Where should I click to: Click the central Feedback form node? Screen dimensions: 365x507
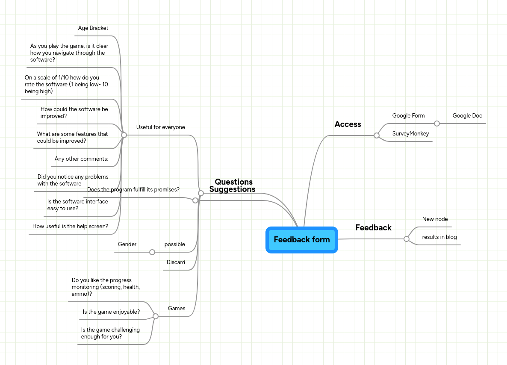tap(302, 240)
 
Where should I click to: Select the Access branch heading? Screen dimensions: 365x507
tap(348, 124)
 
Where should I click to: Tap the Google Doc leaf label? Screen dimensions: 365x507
tap(467, 116)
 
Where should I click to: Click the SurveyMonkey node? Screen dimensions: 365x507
tap(410, 134)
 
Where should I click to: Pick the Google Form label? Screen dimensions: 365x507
tap(408, 116)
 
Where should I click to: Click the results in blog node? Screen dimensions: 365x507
tap(439, 237)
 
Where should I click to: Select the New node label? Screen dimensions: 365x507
tap(435, 219)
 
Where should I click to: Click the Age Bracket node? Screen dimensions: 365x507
tap(93, 28)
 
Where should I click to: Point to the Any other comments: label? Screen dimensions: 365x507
tap(81, 159)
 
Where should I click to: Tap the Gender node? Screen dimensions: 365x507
tap(127, 244)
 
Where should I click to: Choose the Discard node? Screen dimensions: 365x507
tap(176, 262)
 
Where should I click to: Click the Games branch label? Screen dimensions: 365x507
tap(176, 309)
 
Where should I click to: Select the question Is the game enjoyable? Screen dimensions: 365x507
tap(111, 312)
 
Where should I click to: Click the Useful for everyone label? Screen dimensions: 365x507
tap(160, 127)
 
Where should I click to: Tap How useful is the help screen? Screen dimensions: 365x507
tap(70, 227)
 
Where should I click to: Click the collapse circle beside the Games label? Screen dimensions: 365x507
tap(156, 316)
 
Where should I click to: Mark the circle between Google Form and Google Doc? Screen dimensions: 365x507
tap(437, 124)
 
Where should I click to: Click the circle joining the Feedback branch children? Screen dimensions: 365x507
tap(407, 239)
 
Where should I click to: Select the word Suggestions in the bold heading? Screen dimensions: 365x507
tap(232, 189)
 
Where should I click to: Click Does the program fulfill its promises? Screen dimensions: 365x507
tap(133, 190)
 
